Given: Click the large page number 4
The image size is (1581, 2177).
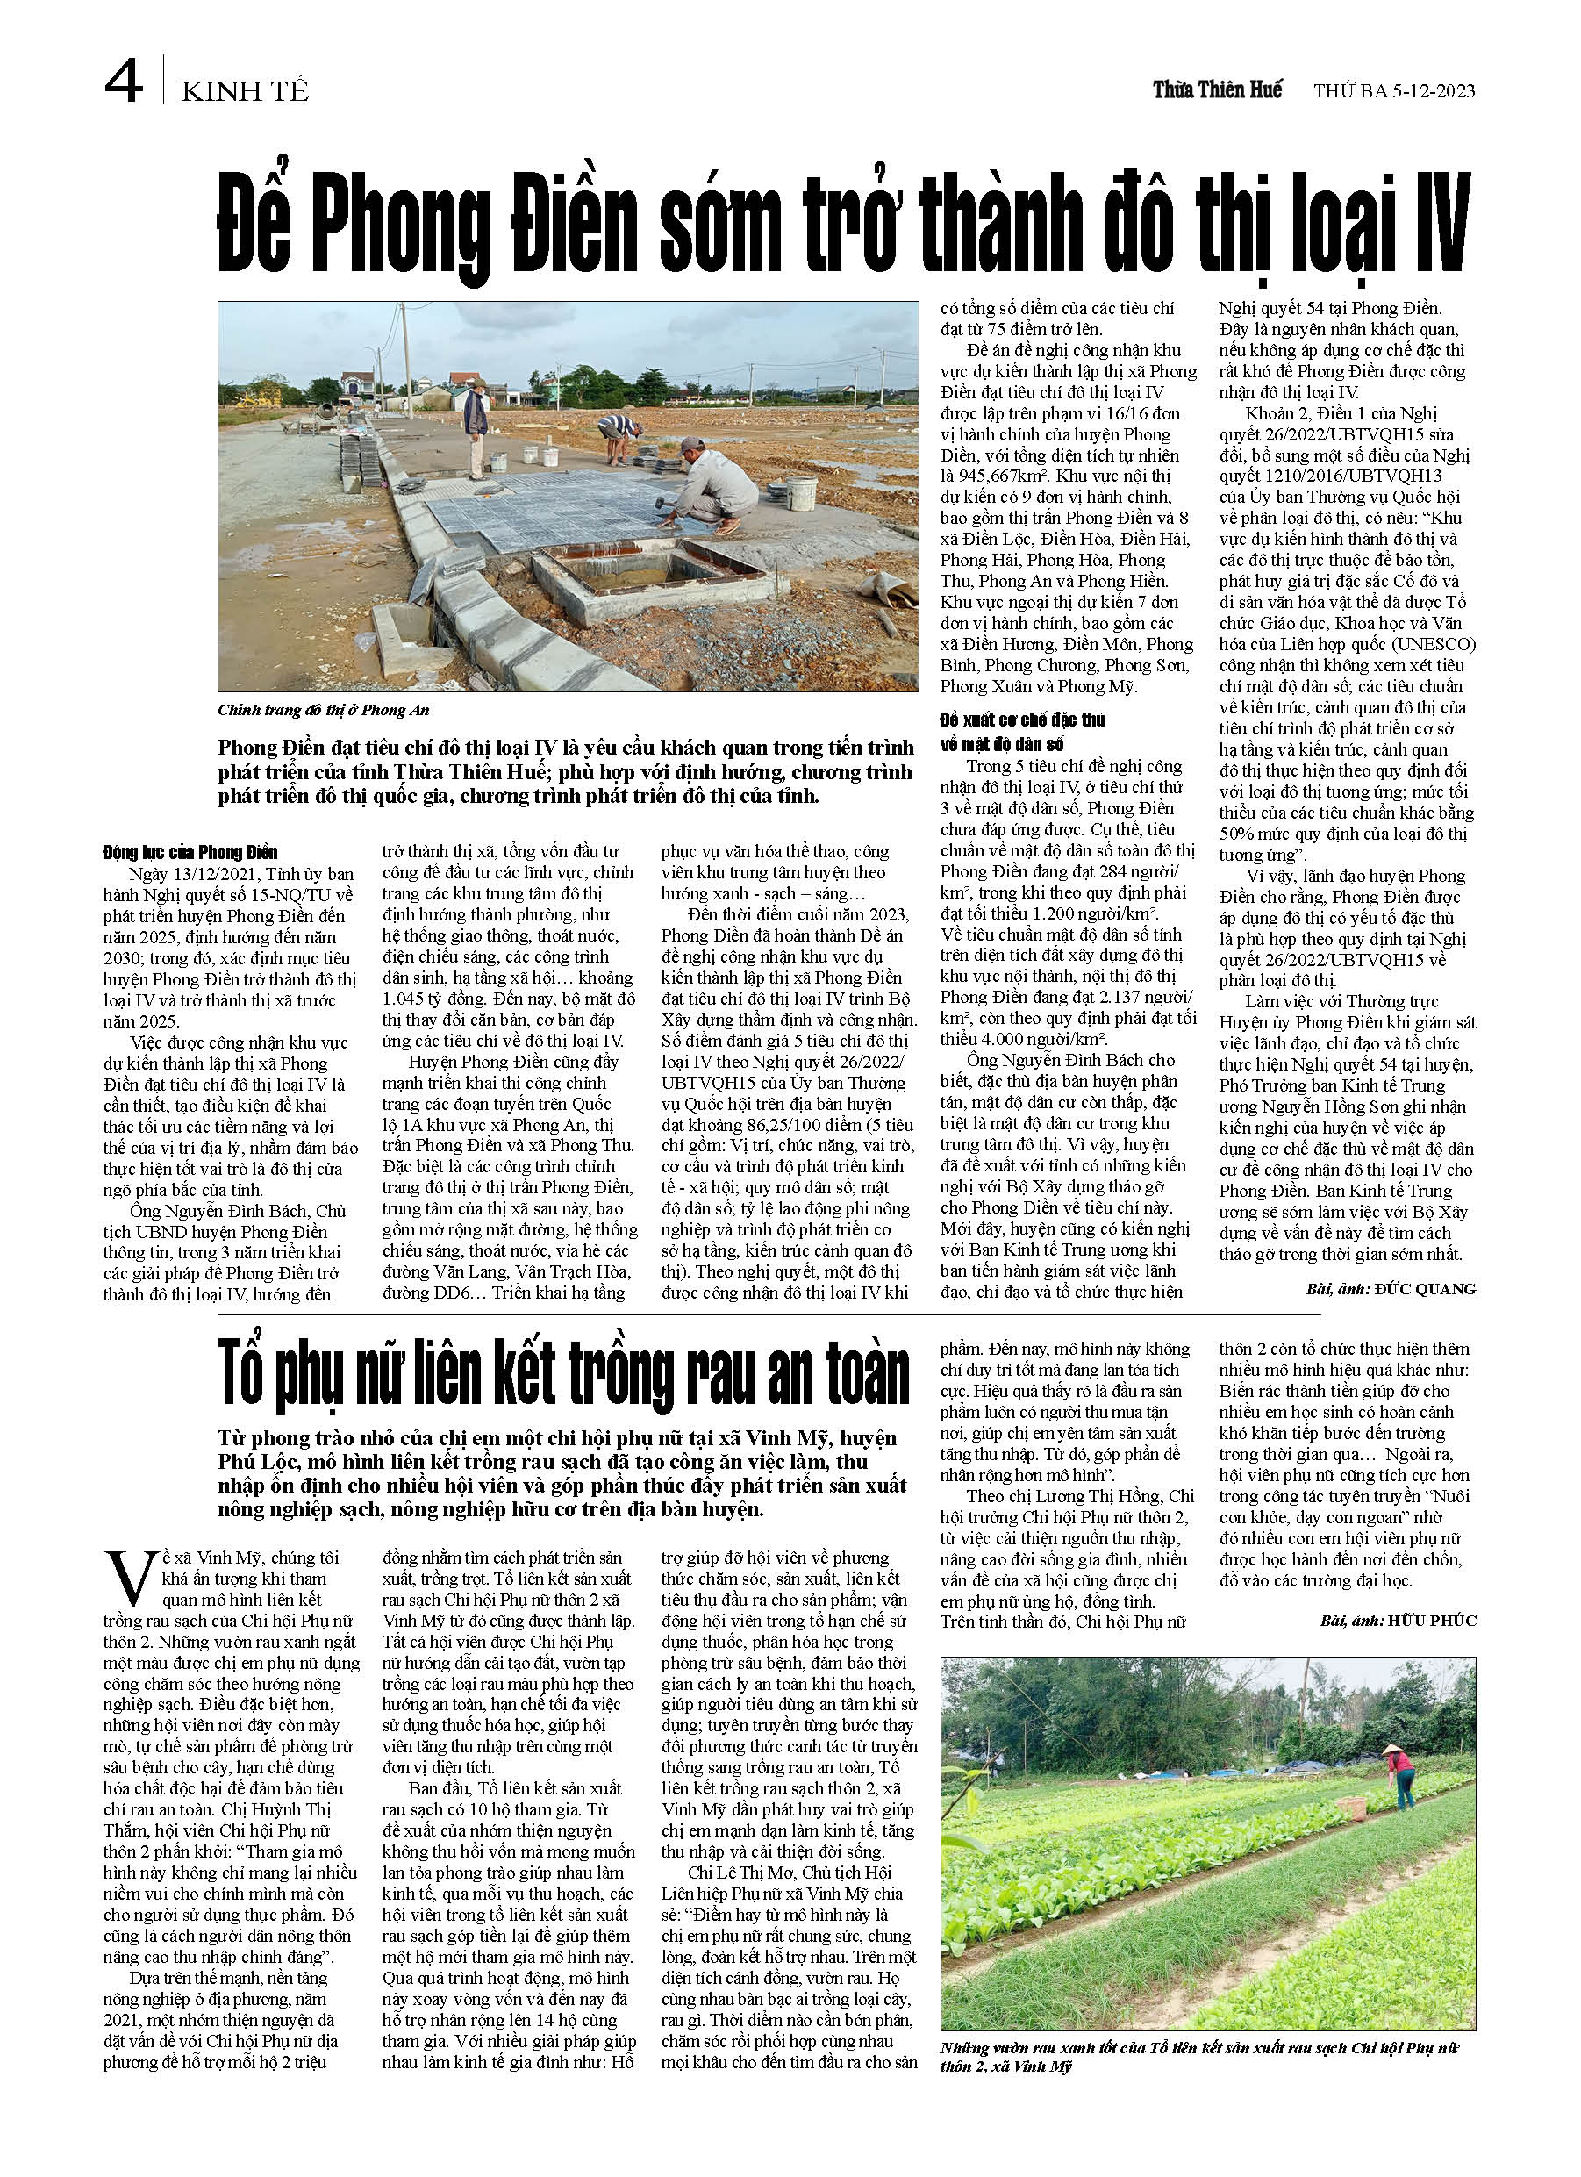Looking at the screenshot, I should pyautogui.click(x=124, y=85).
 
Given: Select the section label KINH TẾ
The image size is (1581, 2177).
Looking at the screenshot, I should pyautogui.click(x=245, y=92).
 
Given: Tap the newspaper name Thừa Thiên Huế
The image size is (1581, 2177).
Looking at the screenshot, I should pyautogui.click(x=1217, y=91).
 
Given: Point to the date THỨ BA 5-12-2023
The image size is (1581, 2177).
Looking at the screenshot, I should pyautogui.click(x=1394, y=92).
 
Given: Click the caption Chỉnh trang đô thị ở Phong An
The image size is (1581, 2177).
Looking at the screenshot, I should pyautogui.click(x=323, y=710).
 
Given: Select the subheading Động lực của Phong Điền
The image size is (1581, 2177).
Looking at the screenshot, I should pyautogui.click(x=190, y=851).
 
